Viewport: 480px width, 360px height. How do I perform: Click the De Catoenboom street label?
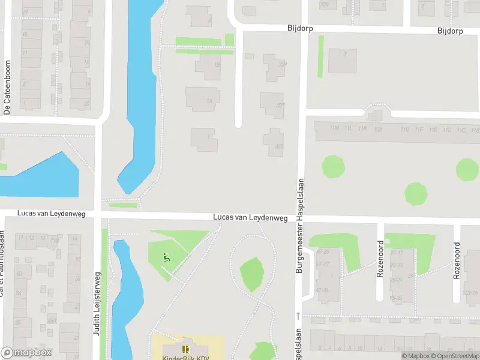(8, 88)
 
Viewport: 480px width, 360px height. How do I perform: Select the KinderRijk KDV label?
(187, 358)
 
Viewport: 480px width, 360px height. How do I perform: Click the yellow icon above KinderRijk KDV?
(185, 349)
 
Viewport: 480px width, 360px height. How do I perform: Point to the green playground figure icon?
(166, 258)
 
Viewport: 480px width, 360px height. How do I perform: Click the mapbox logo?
(26, 353)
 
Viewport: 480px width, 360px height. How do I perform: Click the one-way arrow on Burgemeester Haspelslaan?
(298, 316)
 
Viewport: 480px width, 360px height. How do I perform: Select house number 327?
(280, 106)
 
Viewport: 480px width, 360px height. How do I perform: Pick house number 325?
(278, 146)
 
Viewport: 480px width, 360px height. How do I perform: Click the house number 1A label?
(209, 101)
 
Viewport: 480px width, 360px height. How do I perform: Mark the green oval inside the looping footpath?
(252, 274)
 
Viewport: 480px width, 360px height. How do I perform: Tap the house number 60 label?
(19, 274)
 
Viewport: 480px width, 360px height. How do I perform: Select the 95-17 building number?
(396, 252)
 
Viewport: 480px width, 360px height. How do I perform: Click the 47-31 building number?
(323, 290)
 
